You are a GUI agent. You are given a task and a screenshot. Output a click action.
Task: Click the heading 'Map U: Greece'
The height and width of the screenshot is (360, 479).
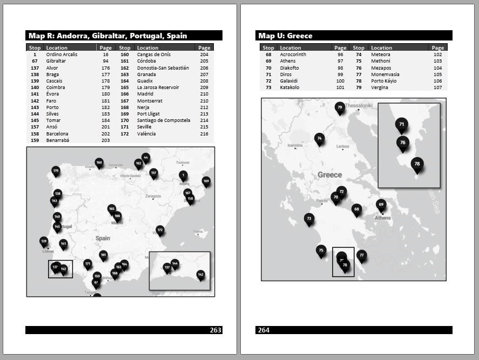(x=285, y=36)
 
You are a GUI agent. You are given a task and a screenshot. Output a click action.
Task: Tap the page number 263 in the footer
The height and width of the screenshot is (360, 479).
(x=215, y=330)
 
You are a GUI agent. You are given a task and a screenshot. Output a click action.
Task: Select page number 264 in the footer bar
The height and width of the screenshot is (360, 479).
(x=264, y=330)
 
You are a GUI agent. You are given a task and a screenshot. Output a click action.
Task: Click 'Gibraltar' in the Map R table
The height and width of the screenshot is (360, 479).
(x=57, y=61)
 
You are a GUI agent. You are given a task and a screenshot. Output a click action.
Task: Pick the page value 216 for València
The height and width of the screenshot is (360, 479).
(x=204, y=133)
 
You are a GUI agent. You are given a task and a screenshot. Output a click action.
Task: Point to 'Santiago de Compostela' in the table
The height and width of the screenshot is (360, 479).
(x=164, y=120)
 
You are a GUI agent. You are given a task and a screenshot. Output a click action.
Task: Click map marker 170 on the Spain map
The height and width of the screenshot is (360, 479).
(x=56, y=171)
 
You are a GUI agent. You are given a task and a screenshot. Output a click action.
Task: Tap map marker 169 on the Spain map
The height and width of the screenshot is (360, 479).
(x=206, y=181)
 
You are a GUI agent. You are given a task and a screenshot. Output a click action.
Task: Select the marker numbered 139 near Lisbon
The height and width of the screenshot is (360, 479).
(x=44, y=241)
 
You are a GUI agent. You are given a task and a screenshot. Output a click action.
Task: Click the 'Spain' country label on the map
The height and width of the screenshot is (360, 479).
(x=103, y=238)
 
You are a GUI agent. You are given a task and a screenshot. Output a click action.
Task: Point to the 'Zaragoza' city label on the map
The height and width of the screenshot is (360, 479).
(x=153, y=196)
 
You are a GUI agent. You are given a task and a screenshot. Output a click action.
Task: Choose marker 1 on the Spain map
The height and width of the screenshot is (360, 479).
(x=183, y=175)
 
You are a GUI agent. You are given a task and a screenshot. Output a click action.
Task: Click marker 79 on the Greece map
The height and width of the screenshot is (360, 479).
(x=340, y=107)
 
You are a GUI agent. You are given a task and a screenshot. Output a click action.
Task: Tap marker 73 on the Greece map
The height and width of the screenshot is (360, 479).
(x=309, y=219)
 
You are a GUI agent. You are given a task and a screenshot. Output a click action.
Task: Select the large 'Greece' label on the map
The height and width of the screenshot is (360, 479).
(x=329, y=175)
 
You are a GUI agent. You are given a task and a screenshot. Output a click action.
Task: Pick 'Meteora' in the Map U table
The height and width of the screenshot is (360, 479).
(x=380, y=55)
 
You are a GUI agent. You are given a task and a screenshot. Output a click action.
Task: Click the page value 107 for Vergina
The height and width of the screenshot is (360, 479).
(x=437, y=87)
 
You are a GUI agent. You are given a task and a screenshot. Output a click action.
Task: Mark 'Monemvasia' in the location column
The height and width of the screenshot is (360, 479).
(x=385, y=74)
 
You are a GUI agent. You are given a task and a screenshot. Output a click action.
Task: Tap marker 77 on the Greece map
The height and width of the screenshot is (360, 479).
(x=362, y=255)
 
